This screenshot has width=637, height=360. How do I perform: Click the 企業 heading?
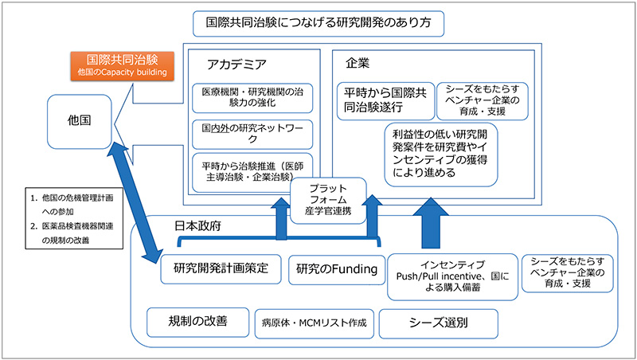tap(358, 62)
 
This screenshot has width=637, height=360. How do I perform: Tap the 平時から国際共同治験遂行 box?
tap(386, 100)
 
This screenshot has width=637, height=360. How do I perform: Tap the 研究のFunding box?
tap(335, 269)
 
